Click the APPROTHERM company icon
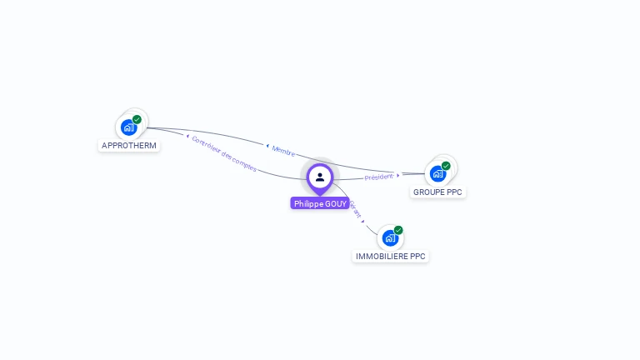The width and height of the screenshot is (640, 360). (x=128, y=127)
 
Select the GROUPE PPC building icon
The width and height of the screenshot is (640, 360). (x=437, y=174)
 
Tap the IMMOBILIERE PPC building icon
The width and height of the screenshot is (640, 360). (x=390, y=238)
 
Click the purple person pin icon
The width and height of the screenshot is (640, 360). (x=320, y=177)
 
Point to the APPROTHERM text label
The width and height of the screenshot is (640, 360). (x=129, y=146)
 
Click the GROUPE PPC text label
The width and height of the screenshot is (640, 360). (x=438, y=192)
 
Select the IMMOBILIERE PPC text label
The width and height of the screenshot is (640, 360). (x=391, y=257)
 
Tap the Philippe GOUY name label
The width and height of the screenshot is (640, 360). (x=320, y=203)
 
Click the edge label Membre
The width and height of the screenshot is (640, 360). (x=283, y=150)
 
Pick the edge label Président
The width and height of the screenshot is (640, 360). (x=378, y=177)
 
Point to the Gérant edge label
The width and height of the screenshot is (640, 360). (x=356, y=209)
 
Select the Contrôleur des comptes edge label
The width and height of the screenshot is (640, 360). (x=224, y=153)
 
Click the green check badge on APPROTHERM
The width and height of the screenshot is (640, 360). (x=137, y=119)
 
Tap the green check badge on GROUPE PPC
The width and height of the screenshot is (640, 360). (x=446, y=166)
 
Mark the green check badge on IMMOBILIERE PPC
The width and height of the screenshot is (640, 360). (x=398, y=230)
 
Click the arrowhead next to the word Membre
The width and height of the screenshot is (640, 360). (x=267, y=147)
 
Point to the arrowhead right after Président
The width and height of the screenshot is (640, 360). (x=398, y=175)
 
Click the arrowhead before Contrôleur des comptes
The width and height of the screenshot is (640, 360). (x=187, y=136)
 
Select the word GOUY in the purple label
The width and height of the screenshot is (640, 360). (x=336, y=203)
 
